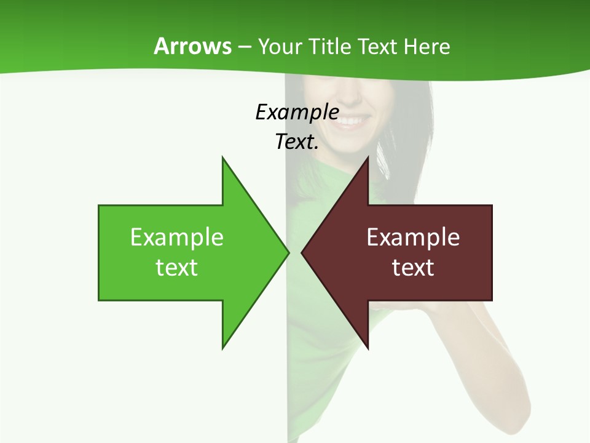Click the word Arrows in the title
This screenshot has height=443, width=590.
[192, 46]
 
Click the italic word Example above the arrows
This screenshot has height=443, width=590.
[297, 112]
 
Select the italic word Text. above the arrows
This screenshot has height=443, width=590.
[297, 142]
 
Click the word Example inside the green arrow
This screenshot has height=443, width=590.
[177, 237]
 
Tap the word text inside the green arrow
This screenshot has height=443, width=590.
[177, 267]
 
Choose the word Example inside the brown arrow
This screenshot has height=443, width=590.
[413, 237]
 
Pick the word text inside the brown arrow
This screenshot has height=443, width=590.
[413, 267]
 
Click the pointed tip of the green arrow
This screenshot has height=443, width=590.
[288, 252]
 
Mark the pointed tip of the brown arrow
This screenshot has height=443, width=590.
[302, 252]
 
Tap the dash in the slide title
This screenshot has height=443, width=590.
[245, 46]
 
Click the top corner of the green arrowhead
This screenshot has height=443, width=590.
[222, 158]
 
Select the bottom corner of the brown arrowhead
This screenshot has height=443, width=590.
[368, 348]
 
